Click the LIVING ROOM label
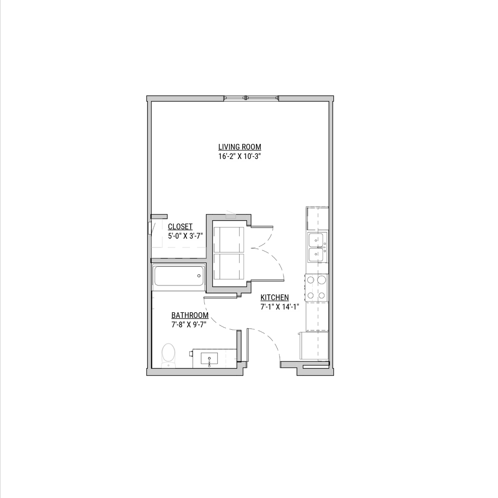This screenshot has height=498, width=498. point(240,147)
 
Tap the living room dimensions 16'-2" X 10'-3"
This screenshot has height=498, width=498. point(240,157)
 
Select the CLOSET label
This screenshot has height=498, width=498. point(180,226)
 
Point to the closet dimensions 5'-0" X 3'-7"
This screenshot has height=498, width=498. point(185,236)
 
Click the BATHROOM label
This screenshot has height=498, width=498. point(190,315)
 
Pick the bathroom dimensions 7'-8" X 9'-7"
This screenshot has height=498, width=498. point(189,325)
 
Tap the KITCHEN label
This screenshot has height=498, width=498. point(275,297)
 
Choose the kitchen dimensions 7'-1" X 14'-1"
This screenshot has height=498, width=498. point(279,307)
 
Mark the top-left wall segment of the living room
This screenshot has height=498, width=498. point(185,99)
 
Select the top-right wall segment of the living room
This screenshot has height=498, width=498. point(305,99)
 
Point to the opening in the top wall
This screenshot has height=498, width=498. point(251,99)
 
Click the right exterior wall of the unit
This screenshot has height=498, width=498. point(331,229)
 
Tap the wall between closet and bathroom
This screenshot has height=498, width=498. point(179,261)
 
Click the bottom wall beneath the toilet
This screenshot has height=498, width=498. point(195,372)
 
